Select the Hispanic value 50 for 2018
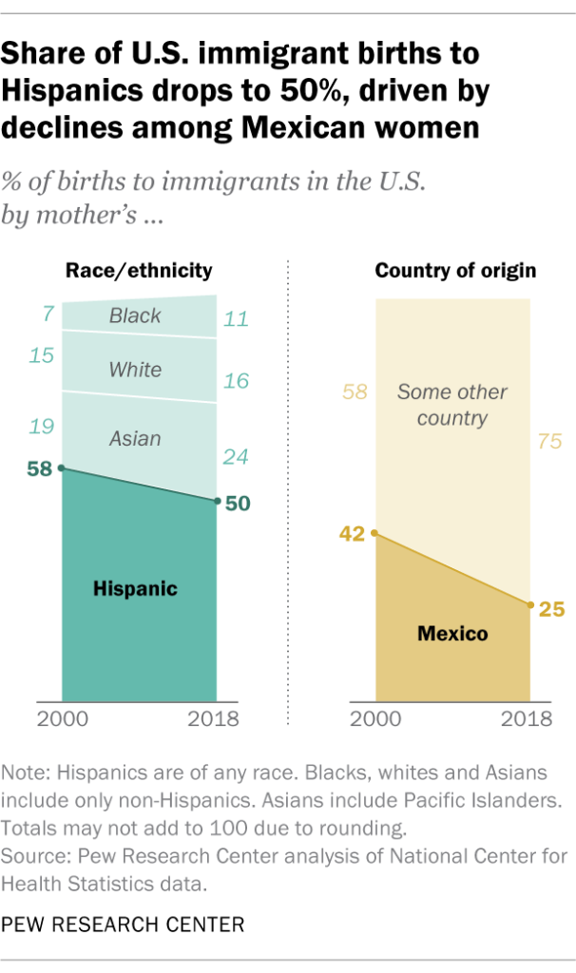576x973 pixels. point(238,504)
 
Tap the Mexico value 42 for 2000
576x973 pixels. point(352,534)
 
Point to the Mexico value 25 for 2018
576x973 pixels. point(551,608)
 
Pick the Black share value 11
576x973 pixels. point(235,319)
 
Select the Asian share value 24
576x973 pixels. point(235,457)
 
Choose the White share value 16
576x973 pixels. point(235,381)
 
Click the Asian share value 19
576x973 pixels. point(42,427)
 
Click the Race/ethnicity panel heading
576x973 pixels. point(138,271)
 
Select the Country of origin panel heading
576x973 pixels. point(455,271)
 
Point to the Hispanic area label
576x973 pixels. point(135,589)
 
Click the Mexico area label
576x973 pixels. point(452,633)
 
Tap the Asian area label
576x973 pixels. point(135,439)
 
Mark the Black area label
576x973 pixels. point(135,315)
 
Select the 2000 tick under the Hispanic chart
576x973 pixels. point(63,718)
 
